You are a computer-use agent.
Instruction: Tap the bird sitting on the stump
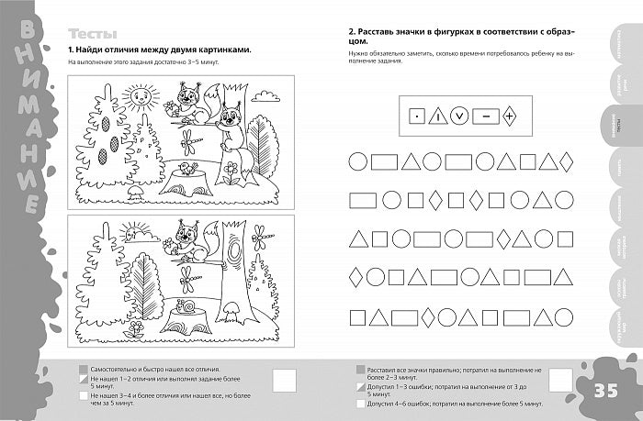pos(188,167)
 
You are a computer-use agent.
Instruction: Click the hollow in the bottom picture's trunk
pos(235,249)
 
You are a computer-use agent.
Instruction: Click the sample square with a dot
pos(415,116)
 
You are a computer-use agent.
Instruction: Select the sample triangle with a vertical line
pos(439,116)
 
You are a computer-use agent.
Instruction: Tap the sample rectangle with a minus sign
pos(486,116)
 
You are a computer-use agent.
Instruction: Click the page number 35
pos(611,392)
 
